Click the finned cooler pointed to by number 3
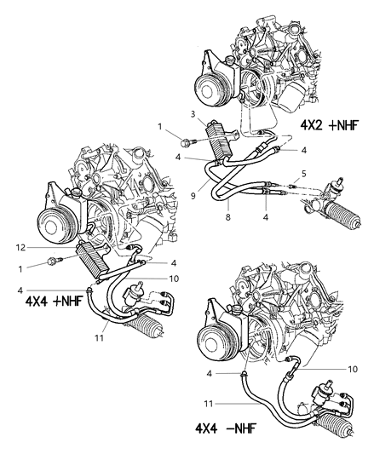pyautogui.click(x=226, y=138)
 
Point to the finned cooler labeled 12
pyautogui.click(x=89, y=256)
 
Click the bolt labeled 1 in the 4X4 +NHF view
pyautogui.click(x=55, y=262)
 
